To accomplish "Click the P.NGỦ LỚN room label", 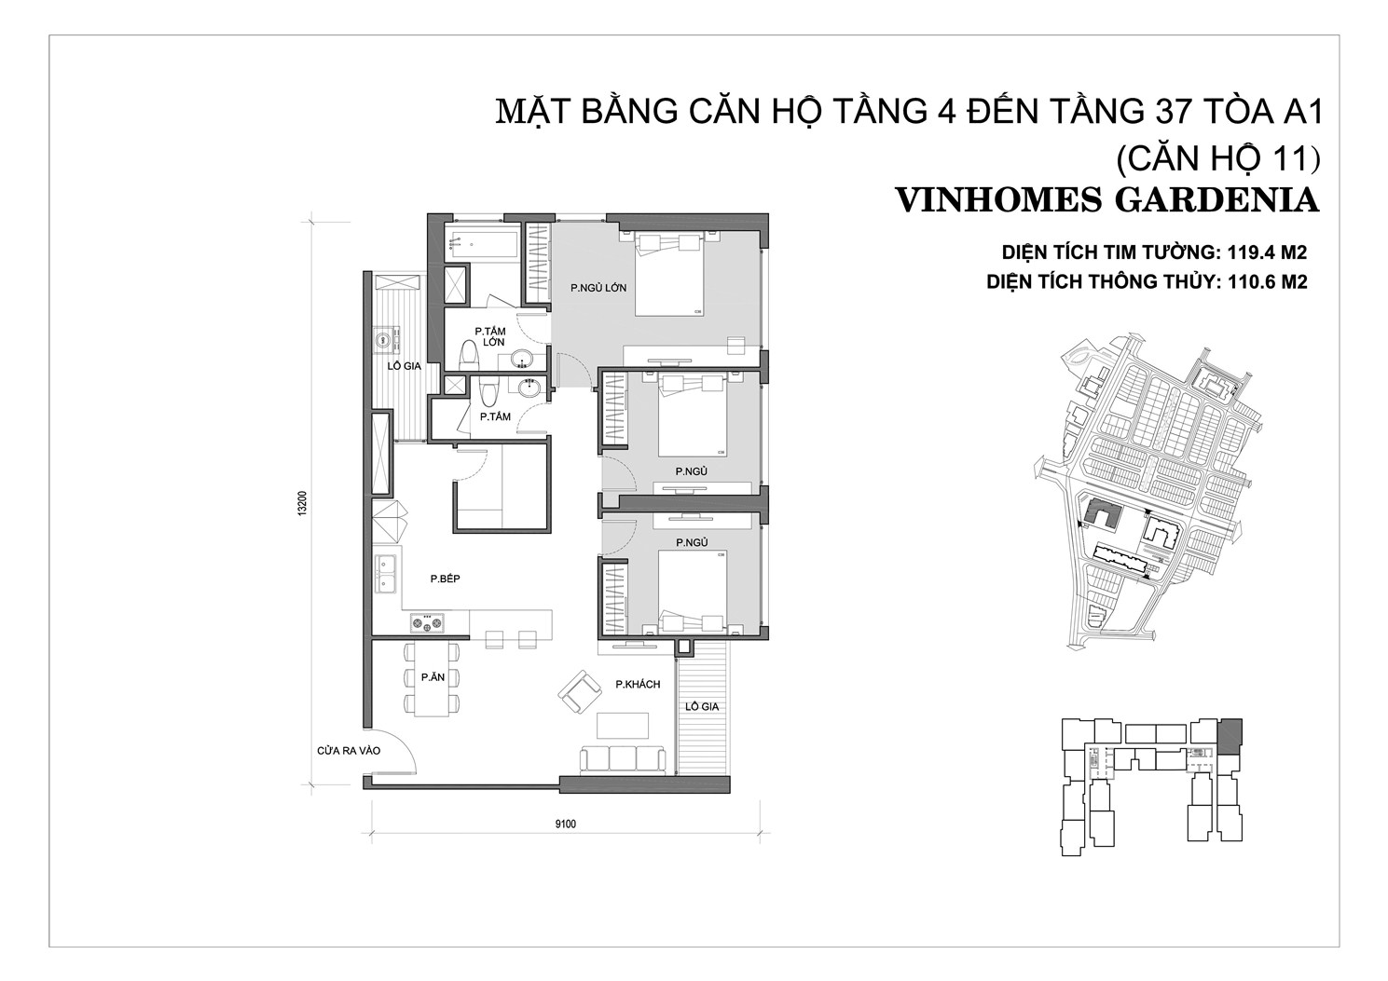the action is tap(598, 287).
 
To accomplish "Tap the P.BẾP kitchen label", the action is tap(446, 579).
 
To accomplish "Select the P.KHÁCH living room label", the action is tap(638, 685).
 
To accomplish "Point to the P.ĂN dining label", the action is tap(433, 677).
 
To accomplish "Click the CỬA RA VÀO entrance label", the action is tap(349, 751).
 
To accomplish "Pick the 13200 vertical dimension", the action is tap(302, 503).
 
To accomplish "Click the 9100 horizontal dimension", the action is tap(565, 824).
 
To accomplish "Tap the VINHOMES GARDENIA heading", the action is tap(1107, 200).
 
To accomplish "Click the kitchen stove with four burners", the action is tap(428, 623).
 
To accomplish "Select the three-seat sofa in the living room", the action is tap(622, 760).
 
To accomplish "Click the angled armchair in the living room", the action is tap(579, 692).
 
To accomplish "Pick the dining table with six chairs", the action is tap(432, 679).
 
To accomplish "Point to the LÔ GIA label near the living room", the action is tap(702, 706).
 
